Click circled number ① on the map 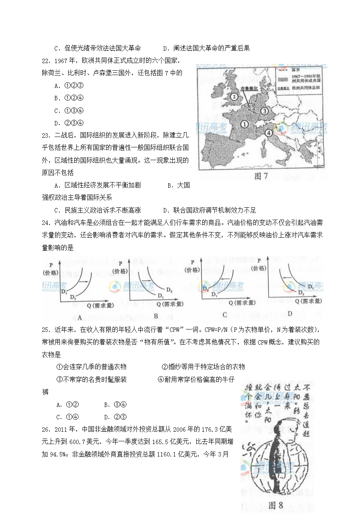click(244, 124)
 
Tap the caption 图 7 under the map click(260, 176)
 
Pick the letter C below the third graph click(225, 315)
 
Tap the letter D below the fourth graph click(290, 313)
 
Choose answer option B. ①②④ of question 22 click(69, 98)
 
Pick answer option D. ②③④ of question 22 click(69, 123)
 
